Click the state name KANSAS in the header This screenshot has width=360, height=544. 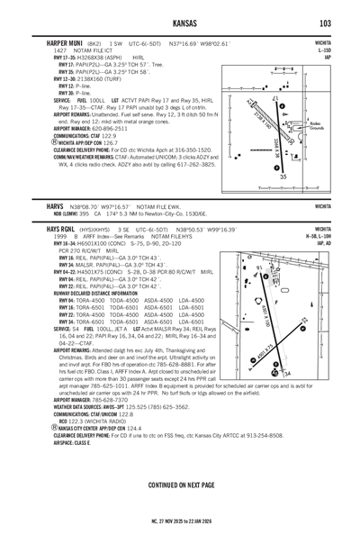coord(179,23)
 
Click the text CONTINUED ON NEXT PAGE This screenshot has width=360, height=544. coord(180,485)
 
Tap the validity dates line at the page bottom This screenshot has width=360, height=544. coord(180,521)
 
